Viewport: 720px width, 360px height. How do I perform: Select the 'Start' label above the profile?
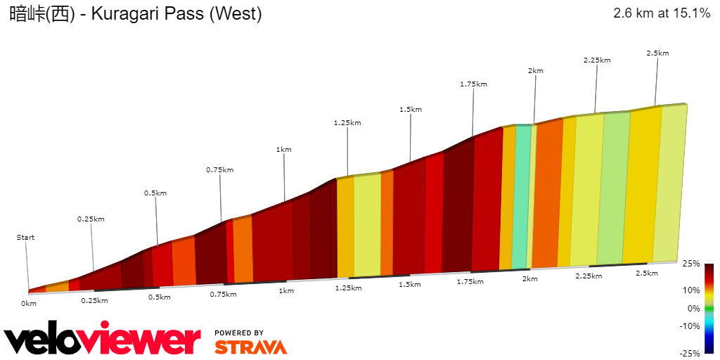click(x=25, y=238)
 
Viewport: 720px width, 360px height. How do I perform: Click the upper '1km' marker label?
click(x=283, y=150)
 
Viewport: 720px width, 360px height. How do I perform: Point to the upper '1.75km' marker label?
click(x=473, y=84)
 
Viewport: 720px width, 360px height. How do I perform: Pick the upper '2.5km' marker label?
click(x=657, y=53)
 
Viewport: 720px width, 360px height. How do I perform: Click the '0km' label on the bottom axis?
click(x=28, y=303)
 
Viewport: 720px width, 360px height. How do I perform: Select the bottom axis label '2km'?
click(x=529, y=279)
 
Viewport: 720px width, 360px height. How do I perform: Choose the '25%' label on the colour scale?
click(x=691, y=264)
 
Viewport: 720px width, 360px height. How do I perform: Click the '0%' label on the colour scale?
click(x=693, y=308)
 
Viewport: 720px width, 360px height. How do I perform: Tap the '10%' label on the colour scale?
click(x=693, y=290)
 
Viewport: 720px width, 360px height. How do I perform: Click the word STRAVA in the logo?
click(x=250, y=347)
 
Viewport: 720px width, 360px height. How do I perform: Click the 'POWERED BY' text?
click(x=239, y=333)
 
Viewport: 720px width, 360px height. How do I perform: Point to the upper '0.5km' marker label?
click(x=155, y=193)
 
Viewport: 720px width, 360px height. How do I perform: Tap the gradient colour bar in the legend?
click(x=709, y=308)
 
